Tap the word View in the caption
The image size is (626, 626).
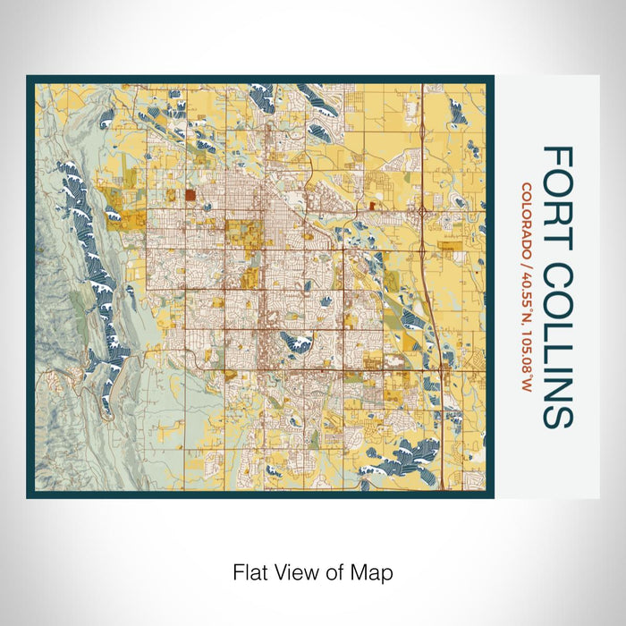pos(294,571)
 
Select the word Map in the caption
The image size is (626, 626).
pos(376,571)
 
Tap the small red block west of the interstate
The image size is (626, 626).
pos(370,206)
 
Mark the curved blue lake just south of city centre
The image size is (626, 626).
pos(296,342)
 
